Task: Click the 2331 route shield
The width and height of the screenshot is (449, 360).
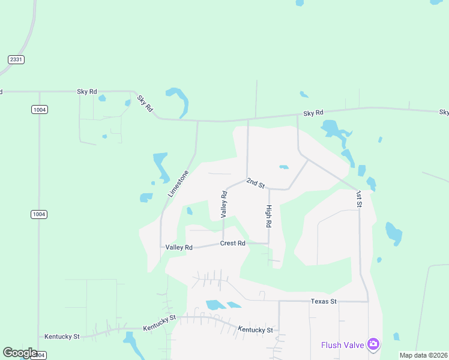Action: [x=16, y=59]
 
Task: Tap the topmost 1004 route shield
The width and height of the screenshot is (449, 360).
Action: [x=40, y=110]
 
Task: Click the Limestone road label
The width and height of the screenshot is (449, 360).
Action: [x=179, y=184]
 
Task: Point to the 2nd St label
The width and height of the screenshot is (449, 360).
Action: [x=256, y=184]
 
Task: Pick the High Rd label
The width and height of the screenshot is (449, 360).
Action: [x=269, y=216]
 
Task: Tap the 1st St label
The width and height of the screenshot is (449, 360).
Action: [x=358, y=199]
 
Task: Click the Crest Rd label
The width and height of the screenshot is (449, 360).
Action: [x=233, y=243]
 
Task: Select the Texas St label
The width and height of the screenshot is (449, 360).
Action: [x=324, y=301]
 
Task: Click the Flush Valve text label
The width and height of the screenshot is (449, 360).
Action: [x=343, y=344]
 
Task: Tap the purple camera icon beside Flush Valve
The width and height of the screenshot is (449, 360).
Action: [x=373, y=344]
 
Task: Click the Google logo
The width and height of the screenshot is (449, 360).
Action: [x=20, y=353]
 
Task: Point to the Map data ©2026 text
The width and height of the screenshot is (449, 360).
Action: [x=423, y=355]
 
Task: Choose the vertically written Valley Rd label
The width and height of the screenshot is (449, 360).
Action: [x=223, y=204]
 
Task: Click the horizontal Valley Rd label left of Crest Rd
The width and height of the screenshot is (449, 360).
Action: [x=179, y=247]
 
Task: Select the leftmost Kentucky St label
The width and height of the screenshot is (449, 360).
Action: [x=62, y=337]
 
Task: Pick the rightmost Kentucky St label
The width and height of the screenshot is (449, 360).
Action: [x=255, y=330]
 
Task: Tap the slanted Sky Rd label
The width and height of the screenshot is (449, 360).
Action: [x=145, y=104]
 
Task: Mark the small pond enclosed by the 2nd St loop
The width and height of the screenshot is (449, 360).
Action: [x=284, y=167]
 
